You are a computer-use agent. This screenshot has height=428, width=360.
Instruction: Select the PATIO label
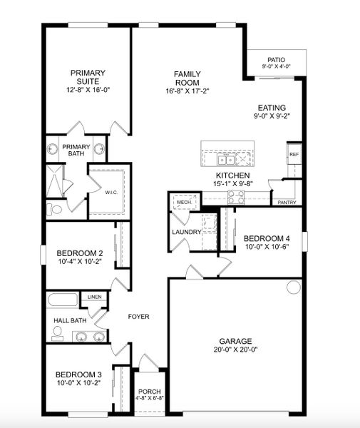(x=276, y=60)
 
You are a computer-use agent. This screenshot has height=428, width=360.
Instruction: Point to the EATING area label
(x=272, y=108)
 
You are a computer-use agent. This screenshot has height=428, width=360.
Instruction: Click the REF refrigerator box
(x=293, y=154)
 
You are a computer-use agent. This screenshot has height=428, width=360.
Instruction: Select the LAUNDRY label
(x=186, y=232)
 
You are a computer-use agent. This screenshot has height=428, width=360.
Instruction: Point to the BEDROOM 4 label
(x=267, y=239)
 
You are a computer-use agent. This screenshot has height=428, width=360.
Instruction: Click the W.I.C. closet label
(x=110, y=192)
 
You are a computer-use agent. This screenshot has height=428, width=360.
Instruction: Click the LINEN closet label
(x=94, y=297)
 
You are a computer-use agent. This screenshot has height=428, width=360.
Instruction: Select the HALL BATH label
(x=70, y=321)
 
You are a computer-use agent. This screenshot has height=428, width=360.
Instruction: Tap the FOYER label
(x=138, y=316)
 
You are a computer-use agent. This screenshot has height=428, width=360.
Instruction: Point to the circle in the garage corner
(x=293, y=287)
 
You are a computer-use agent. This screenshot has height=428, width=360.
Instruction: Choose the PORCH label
(x=150, y=392)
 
